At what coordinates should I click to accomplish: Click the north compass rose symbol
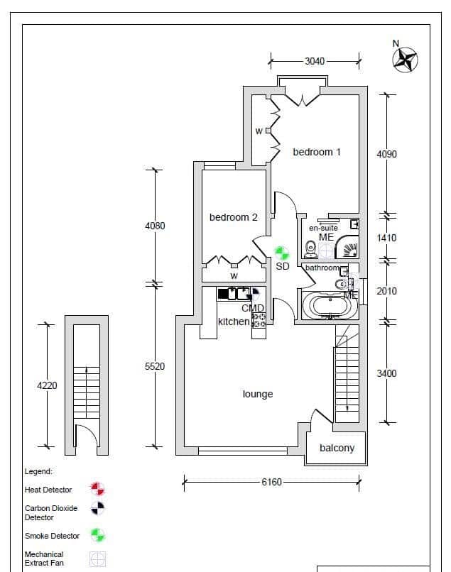pos(405,60)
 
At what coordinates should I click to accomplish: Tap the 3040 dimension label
pos(315,61)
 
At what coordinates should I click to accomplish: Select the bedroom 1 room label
pos(317,152)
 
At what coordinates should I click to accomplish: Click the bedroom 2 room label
pos(234,217)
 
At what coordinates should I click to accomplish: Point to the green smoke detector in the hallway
pos(281,253)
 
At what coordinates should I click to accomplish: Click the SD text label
pos(282,266)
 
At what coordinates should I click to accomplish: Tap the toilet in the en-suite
pos(311,249)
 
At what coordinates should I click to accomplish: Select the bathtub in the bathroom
pos(330,306)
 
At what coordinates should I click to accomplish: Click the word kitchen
pos(234,321)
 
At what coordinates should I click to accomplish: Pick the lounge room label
pos(258,394)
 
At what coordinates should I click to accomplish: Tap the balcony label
pos(337,448)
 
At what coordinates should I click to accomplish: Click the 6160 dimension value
pos(271,483)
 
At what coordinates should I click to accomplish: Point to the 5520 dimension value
pos(155,366)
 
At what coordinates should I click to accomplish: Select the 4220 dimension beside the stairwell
pos(47,385)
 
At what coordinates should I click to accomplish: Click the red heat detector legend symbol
pos(98,489)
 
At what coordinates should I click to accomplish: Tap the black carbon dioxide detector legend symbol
pos(98,508)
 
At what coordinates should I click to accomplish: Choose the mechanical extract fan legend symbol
pos(98,559)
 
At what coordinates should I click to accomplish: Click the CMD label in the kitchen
pos(252,308)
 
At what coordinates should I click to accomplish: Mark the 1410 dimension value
pos(386,238)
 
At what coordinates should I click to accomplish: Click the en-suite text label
pos(323,228)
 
